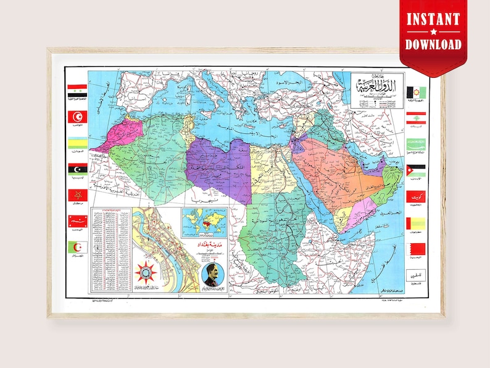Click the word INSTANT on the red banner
tap(432, 18)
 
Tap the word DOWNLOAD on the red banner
tap(432, 44)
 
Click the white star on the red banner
tap(432, 31)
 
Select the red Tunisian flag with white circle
tap(77, 116)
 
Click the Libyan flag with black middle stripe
tap(77, 169)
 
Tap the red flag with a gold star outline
tap(77, 195)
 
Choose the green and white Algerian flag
tap(77, 248)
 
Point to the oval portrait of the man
tap(212, 276)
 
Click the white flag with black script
tap(415, 276)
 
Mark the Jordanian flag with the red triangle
tap(415, 170)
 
